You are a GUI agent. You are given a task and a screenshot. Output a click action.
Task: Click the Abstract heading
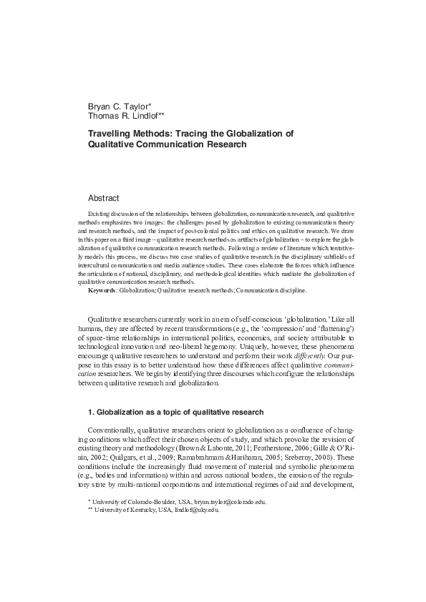tap(103, 198)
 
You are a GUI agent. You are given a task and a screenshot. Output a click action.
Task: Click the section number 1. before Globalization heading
tap(91, 412)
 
